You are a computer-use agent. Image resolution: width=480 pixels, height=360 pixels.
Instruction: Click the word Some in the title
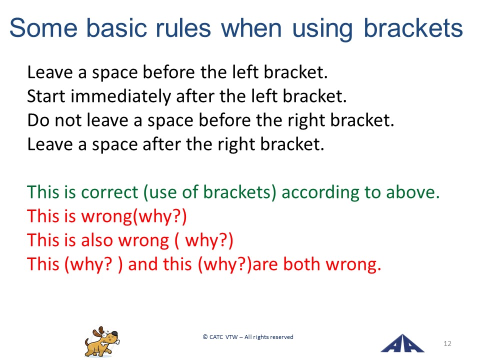click(x=43, y=28)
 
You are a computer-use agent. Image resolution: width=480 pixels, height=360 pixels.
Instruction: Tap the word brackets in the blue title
click(x=413, y=28)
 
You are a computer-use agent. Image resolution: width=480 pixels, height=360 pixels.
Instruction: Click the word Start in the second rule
click(x=46, y=96)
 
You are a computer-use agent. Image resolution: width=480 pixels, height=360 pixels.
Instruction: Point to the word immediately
click(x=121, y=96)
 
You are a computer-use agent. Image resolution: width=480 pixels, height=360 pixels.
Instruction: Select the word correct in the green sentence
click(x=109, y=192)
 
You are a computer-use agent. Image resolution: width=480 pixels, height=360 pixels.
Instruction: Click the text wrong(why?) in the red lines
click(x=134, y=216)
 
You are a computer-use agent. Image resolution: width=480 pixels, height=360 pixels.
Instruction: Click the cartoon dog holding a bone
click(x=102, y=342)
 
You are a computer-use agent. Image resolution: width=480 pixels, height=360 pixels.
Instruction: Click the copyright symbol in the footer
click(x=205, y=337)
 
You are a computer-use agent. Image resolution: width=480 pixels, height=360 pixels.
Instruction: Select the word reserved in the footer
click(x=281, y=337)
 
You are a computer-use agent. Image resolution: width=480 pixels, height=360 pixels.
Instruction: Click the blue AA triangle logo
click(x=402, y=344)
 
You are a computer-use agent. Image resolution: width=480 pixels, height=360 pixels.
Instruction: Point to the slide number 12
click(x=447, y=343)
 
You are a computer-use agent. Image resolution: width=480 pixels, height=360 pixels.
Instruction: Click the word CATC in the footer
click(x=216, y=337)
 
